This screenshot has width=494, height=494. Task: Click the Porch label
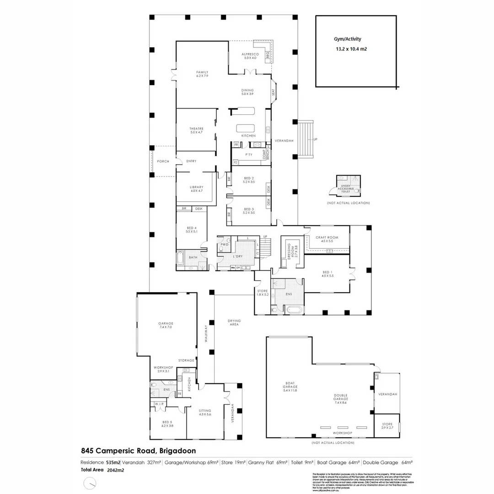pyautogui.click(x=163, y=161)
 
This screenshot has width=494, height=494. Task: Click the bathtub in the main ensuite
pyautogui.click(x=294, y=311)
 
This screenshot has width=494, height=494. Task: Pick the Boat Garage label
pyautogui.click(x=290, y=387)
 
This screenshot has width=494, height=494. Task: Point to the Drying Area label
pyautogui.click(x=234, y=322)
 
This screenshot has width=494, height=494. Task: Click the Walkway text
pyautogui.click(x=206, y=334)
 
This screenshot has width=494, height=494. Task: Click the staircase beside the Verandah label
pyautogui.click(x=306, y=139)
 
